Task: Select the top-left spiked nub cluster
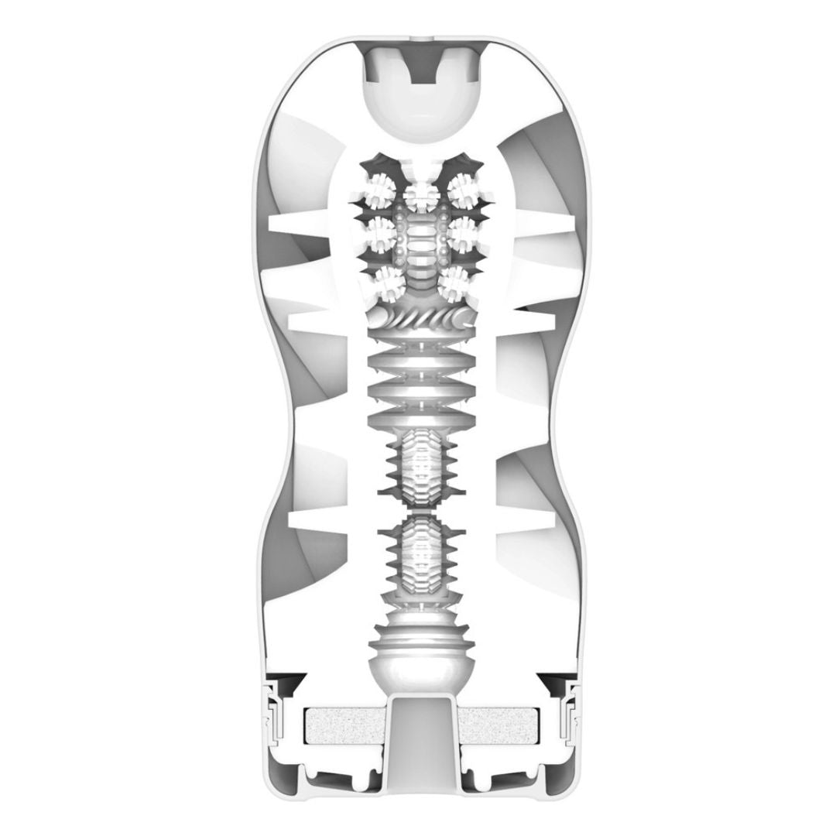click(379, 190)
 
